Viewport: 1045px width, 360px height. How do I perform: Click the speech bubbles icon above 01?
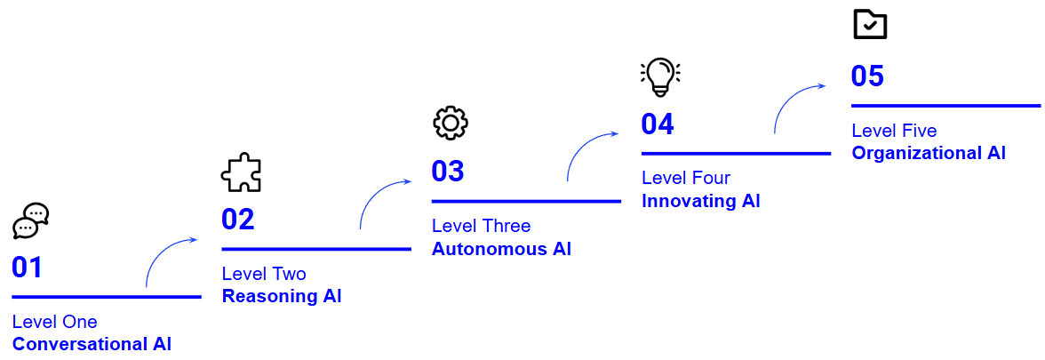coord(31,220)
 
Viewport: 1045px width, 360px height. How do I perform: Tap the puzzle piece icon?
coord(241,172)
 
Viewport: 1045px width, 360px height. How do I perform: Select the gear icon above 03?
coord(450,124)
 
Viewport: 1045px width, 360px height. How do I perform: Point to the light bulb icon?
coord(659,76)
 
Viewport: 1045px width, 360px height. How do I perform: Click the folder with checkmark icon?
coord(870,25)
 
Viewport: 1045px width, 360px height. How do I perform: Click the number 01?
coord(28,268)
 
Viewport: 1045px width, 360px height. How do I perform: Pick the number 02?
coord(238,220)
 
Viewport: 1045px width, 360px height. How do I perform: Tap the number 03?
coord(448,171)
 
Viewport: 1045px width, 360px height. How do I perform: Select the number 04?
coord(658,124)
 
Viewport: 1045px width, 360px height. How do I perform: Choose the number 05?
coord(867,76)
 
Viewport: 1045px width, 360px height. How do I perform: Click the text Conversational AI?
coord(92,344)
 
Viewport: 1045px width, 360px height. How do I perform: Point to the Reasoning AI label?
coord(282,296)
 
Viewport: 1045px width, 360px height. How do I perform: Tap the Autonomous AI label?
coord(501,249)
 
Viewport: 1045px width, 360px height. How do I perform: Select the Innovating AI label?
coord(700,201)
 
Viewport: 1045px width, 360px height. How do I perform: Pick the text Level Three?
coord(481,227)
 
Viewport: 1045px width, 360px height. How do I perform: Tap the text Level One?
coord(55,322)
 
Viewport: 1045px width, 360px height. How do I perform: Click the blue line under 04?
coord(736,154)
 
